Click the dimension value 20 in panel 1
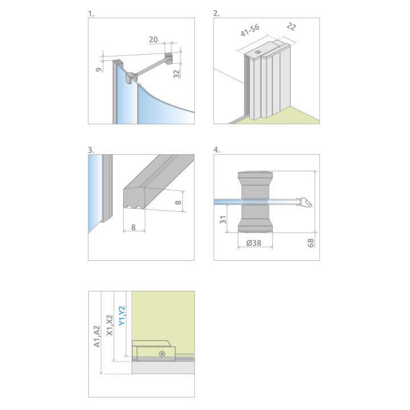coord(154,39)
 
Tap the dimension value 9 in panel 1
coord(99,69)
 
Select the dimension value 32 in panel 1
coord(177,74)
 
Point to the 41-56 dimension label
coord(250,30)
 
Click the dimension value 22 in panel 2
coord(292,26)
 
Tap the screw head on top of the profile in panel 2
coord(258,52)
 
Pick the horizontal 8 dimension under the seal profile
coord(133,227)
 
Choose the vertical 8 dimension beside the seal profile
coord(178,202)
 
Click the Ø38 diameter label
coord(253,243)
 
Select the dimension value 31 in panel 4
coord(223,219)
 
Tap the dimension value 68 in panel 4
coord(311,243)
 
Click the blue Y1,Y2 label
coord(122,316)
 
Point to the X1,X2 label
coord(110,325)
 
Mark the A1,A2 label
coord(97,337)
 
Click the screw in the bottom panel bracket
coord(162,354)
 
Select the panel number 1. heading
coord(91,14)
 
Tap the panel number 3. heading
coord(91,150)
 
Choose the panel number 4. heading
coord(217,150)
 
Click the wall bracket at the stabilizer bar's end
coord(169,58)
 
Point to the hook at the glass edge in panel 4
coord(305,202)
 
